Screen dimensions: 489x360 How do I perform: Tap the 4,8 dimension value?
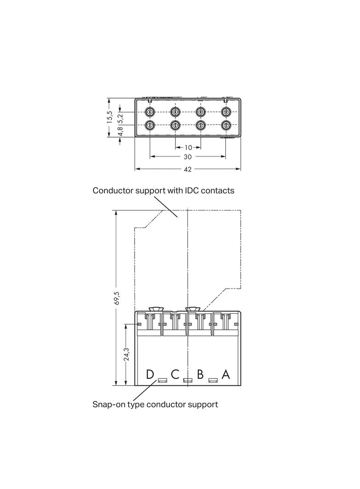pos(120,132)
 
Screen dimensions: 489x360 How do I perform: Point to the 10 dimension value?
pos(188,148)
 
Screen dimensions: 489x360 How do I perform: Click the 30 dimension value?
pos(188,157)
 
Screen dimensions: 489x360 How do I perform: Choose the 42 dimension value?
pos(188,169)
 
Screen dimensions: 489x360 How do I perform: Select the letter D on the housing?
pos(150,374)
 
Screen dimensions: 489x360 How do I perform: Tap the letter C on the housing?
pos(175,374)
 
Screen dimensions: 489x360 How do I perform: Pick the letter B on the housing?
pos(200,374)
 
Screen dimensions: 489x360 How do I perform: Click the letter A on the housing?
pos(225,374)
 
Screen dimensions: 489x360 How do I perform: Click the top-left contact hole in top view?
pos(150,112)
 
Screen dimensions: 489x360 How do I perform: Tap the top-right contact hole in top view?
pos(225,112)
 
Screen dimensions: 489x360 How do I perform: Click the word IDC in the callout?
pos(193,190)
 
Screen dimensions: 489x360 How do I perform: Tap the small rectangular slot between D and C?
pos(162,380)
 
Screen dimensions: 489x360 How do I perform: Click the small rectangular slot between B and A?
pos(213,380)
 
